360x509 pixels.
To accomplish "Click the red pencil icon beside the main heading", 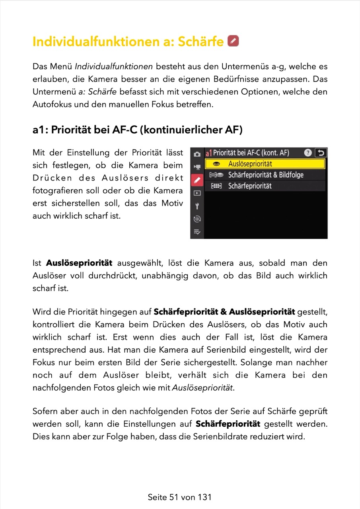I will click(x=233, y=41).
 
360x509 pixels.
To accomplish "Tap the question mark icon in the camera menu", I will click(x=307, y=153).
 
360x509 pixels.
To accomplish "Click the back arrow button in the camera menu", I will click(x=320, y=153).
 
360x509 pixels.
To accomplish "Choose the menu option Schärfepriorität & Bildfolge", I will click(x=265, y=175).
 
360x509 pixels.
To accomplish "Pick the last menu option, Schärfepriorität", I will click(x=249, y=186).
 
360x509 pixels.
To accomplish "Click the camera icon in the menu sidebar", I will click(x=197, y=154).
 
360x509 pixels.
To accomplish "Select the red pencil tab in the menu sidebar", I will click(x=197, y=180).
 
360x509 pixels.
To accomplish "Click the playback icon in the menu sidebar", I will click(x=197, y=193).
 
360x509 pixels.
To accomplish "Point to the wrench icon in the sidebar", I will click(x=197, y=206).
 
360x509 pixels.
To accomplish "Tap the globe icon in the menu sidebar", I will click(x=197, y=219).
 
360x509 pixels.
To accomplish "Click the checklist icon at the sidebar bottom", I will click(x=197, y=232).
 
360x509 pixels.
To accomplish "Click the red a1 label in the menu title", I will click(x=208, y=153).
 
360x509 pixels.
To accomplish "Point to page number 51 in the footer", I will click(x=173, y=497).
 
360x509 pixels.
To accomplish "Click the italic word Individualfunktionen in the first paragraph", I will click(x=114, y=66).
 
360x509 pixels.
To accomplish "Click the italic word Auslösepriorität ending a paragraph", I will click(x=202, y=388).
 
